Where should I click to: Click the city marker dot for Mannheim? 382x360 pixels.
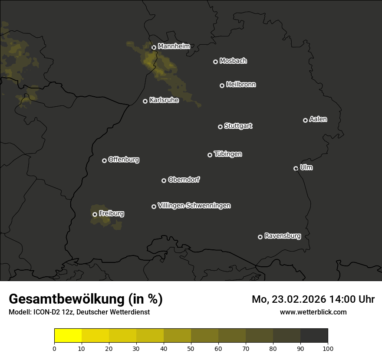(x=154, y=48)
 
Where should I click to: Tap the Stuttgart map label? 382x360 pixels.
(x=238, y=126)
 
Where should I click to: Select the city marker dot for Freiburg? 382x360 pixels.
(x=95, y=214)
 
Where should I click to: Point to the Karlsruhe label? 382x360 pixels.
(x=164, y=100)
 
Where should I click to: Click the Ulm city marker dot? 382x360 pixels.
(x=296, y=168)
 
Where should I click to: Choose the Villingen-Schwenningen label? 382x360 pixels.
(x=194, y=206)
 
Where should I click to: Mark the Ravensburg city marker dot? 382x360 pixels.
(x=260, y=237)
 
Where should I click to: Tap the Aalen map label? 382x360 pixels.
(x=318, y=119)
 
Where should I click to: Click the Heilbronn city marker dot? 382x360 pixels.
(x=222, y=85)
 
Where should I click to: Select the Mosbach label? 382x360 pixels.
(x=233, y=61)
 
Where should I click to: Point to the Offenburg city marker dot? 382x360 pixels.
(x=104, y=160)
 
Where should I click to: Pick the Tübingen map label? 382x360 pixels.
(x=228, y=154)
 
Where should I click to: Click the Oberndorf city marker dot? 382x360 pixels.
(x=164, y=180)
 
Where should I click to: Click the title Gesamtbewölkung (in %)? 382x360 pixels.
(x=86, y=299)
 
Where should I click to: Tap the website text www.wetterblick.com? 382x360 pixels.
(x=313, y=312)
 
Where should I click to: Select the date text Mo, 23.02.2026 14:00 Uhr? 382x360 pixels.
(x=313, y=299)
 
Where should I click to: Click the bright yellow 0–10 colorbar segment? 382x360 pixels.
(x=68, y=336)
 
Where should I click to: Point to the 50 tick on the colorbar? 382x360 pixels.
(x=191, y=348)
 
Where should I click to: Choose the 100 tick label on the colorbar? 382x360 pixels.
(x=327, y=348)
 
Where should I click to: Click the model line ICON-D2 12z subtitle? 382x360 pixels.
(x=79, y=312)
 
